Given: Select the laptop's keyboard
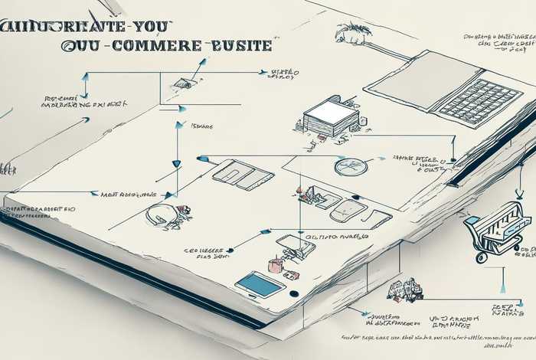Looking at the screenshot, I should pos(480,100).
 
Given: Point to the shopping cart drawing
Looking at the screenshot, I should pos(497,229).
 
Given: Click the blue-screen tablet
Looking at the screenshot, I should pos(260,285).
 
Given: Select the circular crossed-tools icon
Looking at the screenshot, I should pos(351,167).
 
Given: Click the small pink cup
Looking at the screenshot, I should pos(274,266).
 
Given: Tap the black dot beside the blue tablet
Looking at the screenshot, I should pos(293,293).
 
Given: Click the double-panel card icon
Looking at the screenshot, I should pos(243,175).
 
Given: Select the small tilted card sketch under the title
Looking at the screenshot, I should pos(184,83).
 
